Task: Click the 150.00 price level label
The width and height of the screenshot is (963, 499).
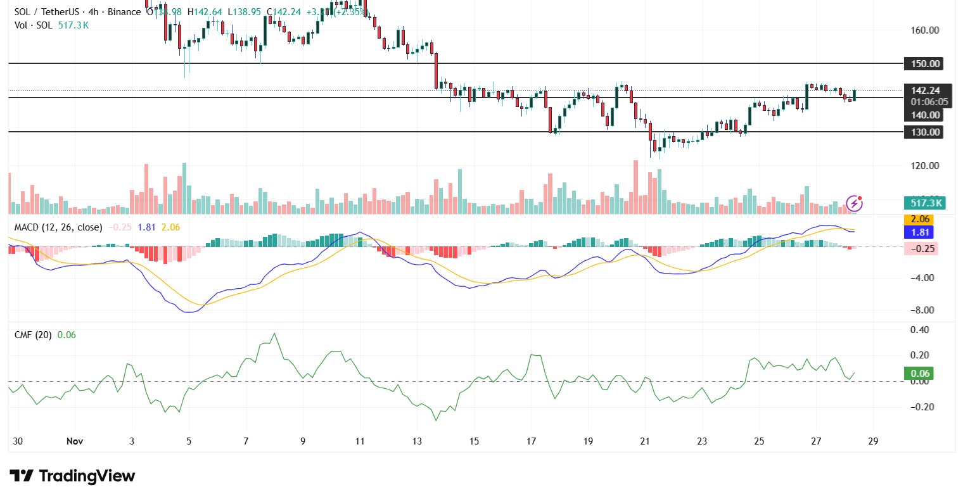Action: click(x=925, y=64)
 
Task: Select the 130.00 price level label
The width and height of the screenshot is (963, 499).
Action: click(x=925, y=132)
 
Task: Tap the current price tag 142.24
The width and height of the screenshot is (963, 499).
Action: click(x=925, y=91)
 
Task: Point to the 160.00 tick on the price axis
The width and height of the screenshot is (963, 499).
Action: click(x=925, y=30)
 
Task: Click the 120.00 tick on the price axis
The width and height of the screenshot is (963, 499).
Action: click(x=925, y=166)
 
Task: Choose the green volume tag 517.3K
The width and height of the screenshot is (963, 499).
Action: click(x=926, y=203)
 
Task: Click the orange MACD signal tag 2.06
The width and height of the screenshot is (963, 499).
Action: click(x=920, y=219)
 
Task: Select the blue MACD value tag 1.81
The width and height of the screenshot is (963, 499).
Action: click(x=920, y=232)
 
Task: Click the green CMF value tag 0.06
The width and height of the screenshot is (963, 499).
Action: click(x=920, y=374)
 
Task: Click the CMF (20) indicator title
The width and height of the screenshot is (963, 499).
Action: click(x=34, y=335)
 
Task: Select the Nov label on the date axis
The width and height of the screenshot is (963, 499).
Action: click(x=75, y=441)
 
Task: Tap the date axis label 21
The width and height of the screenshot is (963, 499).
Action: click(x=645, y=441)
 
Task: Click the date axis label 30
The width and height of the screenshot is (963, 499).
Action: click(x=18, y=441)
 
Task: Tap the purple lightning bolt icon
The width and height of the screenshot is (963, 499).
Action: click(x=854, y=203)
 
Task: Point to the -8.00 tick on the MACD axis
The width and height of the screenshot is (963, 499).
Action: click(x=922, y=310)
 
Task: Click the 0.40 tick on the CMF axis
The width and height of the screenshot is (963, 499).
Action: click(x=920, y=330)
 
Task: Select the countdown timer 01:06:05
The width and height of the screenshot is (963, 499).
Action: click(x=929, y=102)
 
